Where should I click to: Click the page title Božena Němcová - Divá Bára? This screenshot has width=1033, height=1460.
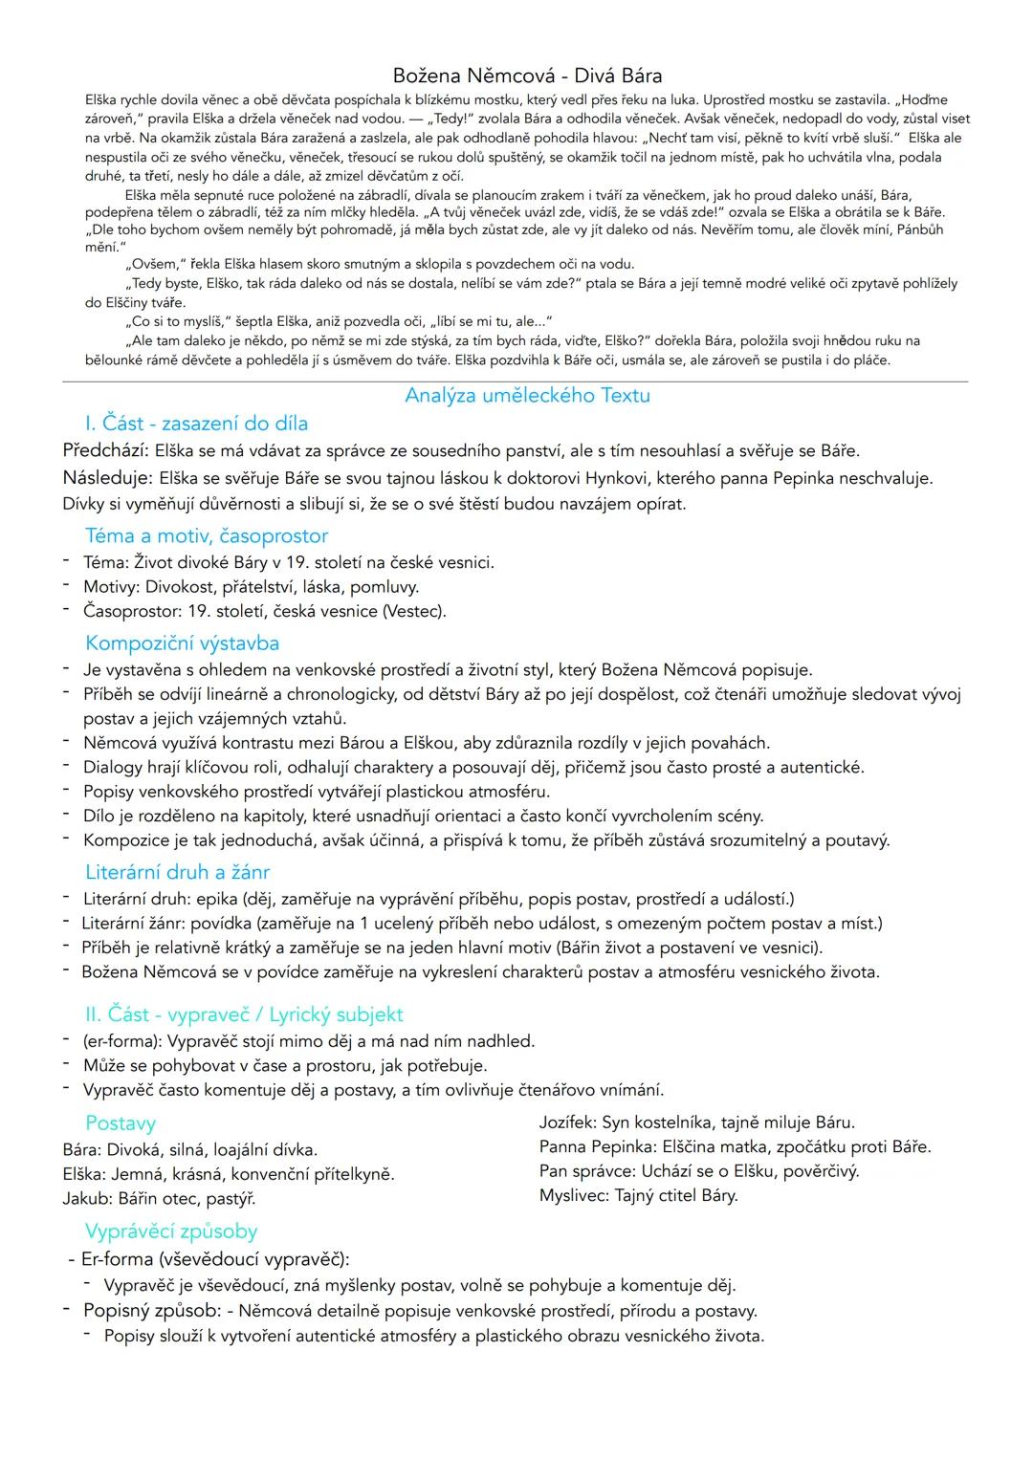(x=527, y=76)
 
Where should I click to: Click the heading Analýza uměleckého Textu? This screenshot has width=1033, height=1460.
(x=527, y=395)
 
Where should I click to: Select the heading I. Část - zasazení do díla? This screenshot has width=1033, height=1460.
(x=196, y=424)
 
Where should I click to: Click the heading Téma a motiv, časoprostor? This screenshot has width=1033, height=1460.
(x=207, y=535)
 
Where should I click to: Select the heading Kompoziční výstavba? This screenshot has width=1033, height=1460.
(x=182, y=643)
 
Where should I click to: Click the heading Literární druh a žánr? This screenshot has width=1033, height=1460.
(x=177, y=872)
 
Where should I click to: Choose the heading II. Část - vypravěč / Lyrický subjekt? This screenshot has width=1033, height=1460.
(x=244, y=1014)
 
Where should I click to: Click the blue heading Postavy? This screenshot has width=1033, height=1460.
(x=121, y=1123)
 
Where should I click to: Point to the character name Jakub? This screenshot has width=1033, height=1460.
(x=88, y=1199)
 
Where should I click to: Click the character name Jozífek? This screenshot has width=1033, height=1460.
(x=569, y=1122)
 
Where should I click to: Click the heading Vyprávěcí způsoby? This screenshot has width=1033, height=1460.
(x=171, y=1231)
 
